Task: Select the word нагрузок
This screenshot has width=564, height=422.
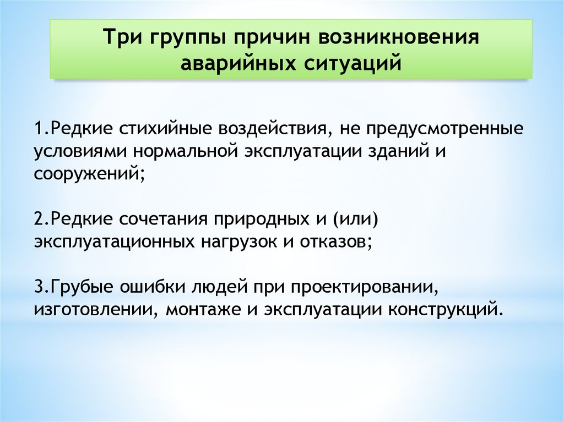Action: click(x=239, y=243)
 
